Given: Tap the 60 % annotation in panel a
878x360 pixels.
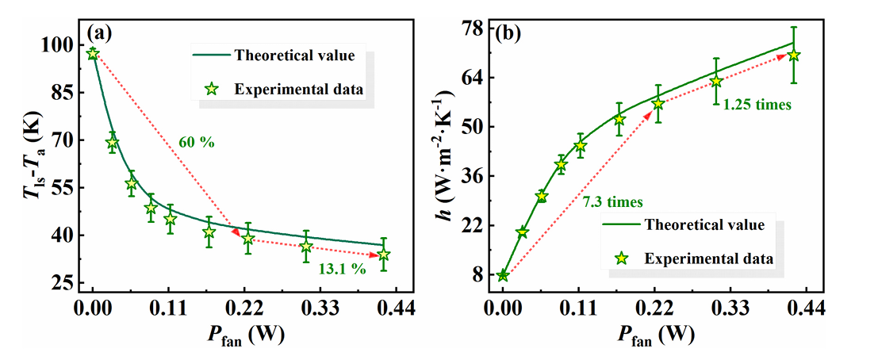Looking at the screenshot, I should [x=195, y=143].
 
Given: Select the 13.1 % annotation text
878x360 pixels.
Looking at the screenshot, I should [x=341, y=269].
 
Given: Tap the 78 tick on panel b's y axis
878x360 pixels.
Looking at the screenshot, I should [x=474, y=28].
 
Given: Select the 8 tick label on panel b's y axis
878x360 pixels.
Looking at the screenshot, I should [x=478, y=274].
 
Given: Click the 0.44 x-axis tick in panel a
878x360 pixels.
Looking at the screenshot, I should [x=396, y=307].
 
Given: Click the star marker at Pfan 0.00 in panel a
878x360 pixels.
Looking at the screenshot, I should [x=93, y=54].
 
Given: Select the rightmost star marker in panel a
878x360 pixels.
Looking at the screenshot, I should [x=384, y=255].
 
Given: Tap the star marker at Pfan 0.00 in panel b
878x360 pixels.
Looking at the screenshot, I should [x=503, y=275].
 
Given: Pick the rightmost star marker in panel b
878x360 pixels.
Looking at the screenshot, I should [x=793, y=55].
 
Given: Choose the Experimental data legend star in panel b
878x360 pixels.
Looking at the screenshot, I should [x=622, y=258].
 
